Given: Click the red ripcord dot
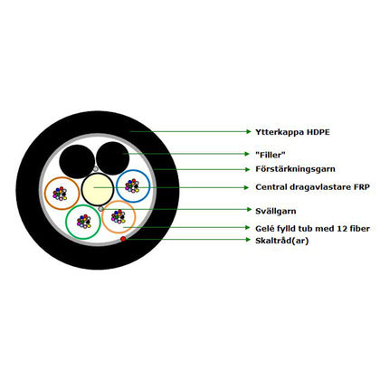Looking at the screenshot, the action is coord(123,239).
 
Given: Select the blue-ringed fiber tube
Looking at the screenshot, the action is coord(133,170).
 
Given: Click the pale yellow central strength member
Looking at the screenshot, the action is coord(98,189).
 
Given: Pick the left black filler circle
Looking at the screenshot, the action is coord(77,162).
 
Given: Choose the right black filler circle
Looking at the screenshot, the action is coord(113,158).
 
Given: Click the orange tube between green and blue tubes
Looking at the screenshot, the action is coord(119,201).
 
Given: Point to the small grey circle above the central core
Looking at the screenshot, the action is coord(95,169).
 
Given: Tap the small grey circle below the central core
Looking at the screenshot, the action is coord(100,208).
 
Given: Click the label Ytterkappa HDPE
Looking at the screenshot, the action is coord(292,132).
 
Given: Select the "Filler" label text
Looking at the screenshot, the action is coord(271,155).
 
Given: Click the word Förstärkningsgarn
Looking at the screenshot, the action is coord(295,169).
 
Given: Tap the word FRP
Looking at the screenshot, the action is coord(362,187).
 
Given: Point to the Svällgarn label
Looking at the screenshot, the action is coord(276,211).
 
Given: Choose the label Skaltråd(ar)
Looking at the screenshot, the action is coord(282,241).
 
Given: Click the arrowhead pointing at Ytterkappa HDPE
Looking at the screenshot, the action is coord(248,131).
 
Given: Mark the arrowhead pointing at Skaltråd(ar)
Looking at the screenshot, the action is coord(248,240).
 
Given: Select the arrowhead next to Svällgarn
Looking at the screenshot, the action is coord(248,209).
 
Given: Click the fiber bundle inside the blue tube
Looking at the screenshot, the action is coord(132,185).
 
